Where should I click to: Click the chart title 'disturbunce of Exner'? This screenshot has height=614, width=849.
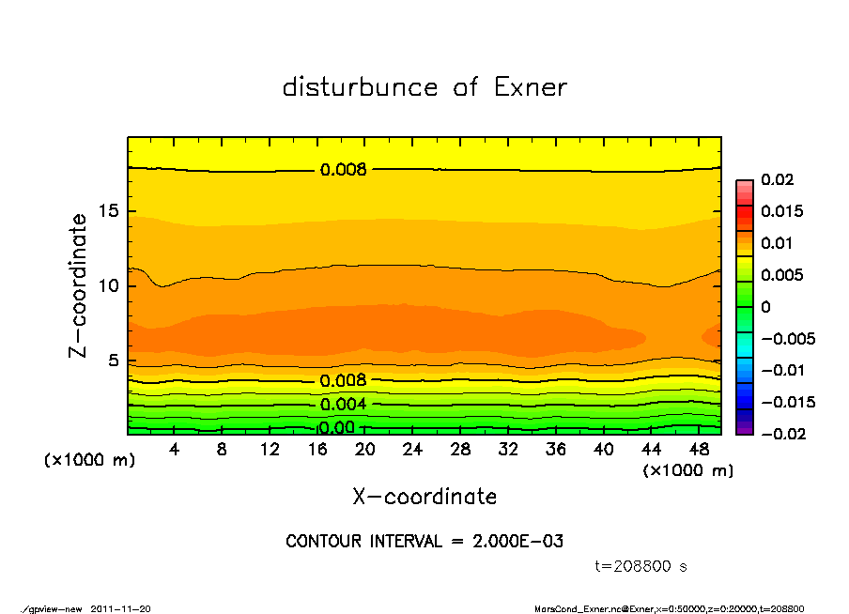(424, 87)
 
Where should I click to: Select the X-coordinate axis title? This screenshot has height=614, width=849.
(424, 497)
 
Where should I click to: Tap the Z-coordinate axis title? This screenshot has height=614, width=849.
(79, 285)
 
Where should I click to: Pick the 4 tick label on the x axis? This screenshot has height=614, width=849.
(174, 450)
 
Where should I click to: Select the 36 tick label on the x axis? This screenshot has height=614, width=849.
(556, 450)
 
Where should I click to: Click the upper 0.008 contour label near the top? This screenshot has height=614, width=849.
(343, 170)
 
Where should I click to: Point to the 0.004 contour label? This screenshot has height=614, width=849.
(343, 405)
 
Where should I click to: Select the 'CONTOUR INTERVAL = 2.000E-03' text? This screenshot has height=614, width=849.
(424, 542)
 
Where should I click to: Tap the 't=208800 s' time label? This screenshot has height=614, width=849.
(641, 567)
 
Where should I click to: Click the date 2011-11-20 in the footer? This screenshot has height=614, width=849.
(121, 609)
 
